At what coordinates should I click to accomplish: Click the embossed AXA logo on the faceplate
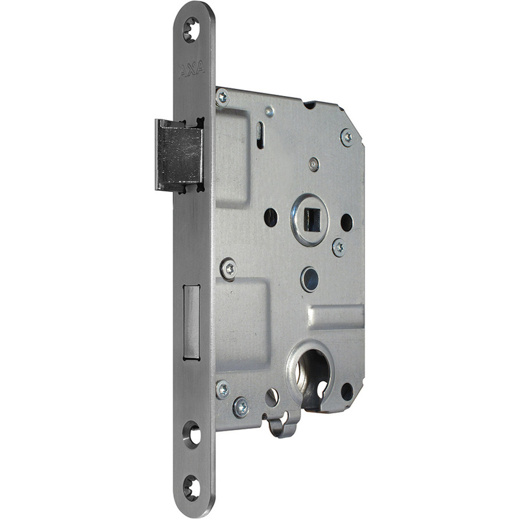[x=191, y=70]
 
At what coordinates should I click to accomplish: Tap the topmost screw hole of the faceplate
[x=191, y=30]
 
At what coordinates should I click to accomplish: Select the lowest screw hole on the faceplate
[x=191, y=488]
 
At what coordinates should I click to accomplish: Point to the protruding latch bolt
[x=179, y=154]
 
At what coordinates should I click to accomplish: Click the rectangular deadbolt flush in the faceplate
[x=191, y=322]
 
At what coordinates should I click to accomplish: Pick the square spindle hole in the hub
[x=312, y=219]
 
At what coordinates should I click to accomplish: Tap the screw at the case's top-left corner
[x=223, y=97]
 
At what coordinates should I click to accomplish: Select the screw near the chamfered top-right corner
[x=347, y=137]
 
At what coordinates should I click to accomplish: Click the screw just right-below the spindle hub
[x=339, y=247]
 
